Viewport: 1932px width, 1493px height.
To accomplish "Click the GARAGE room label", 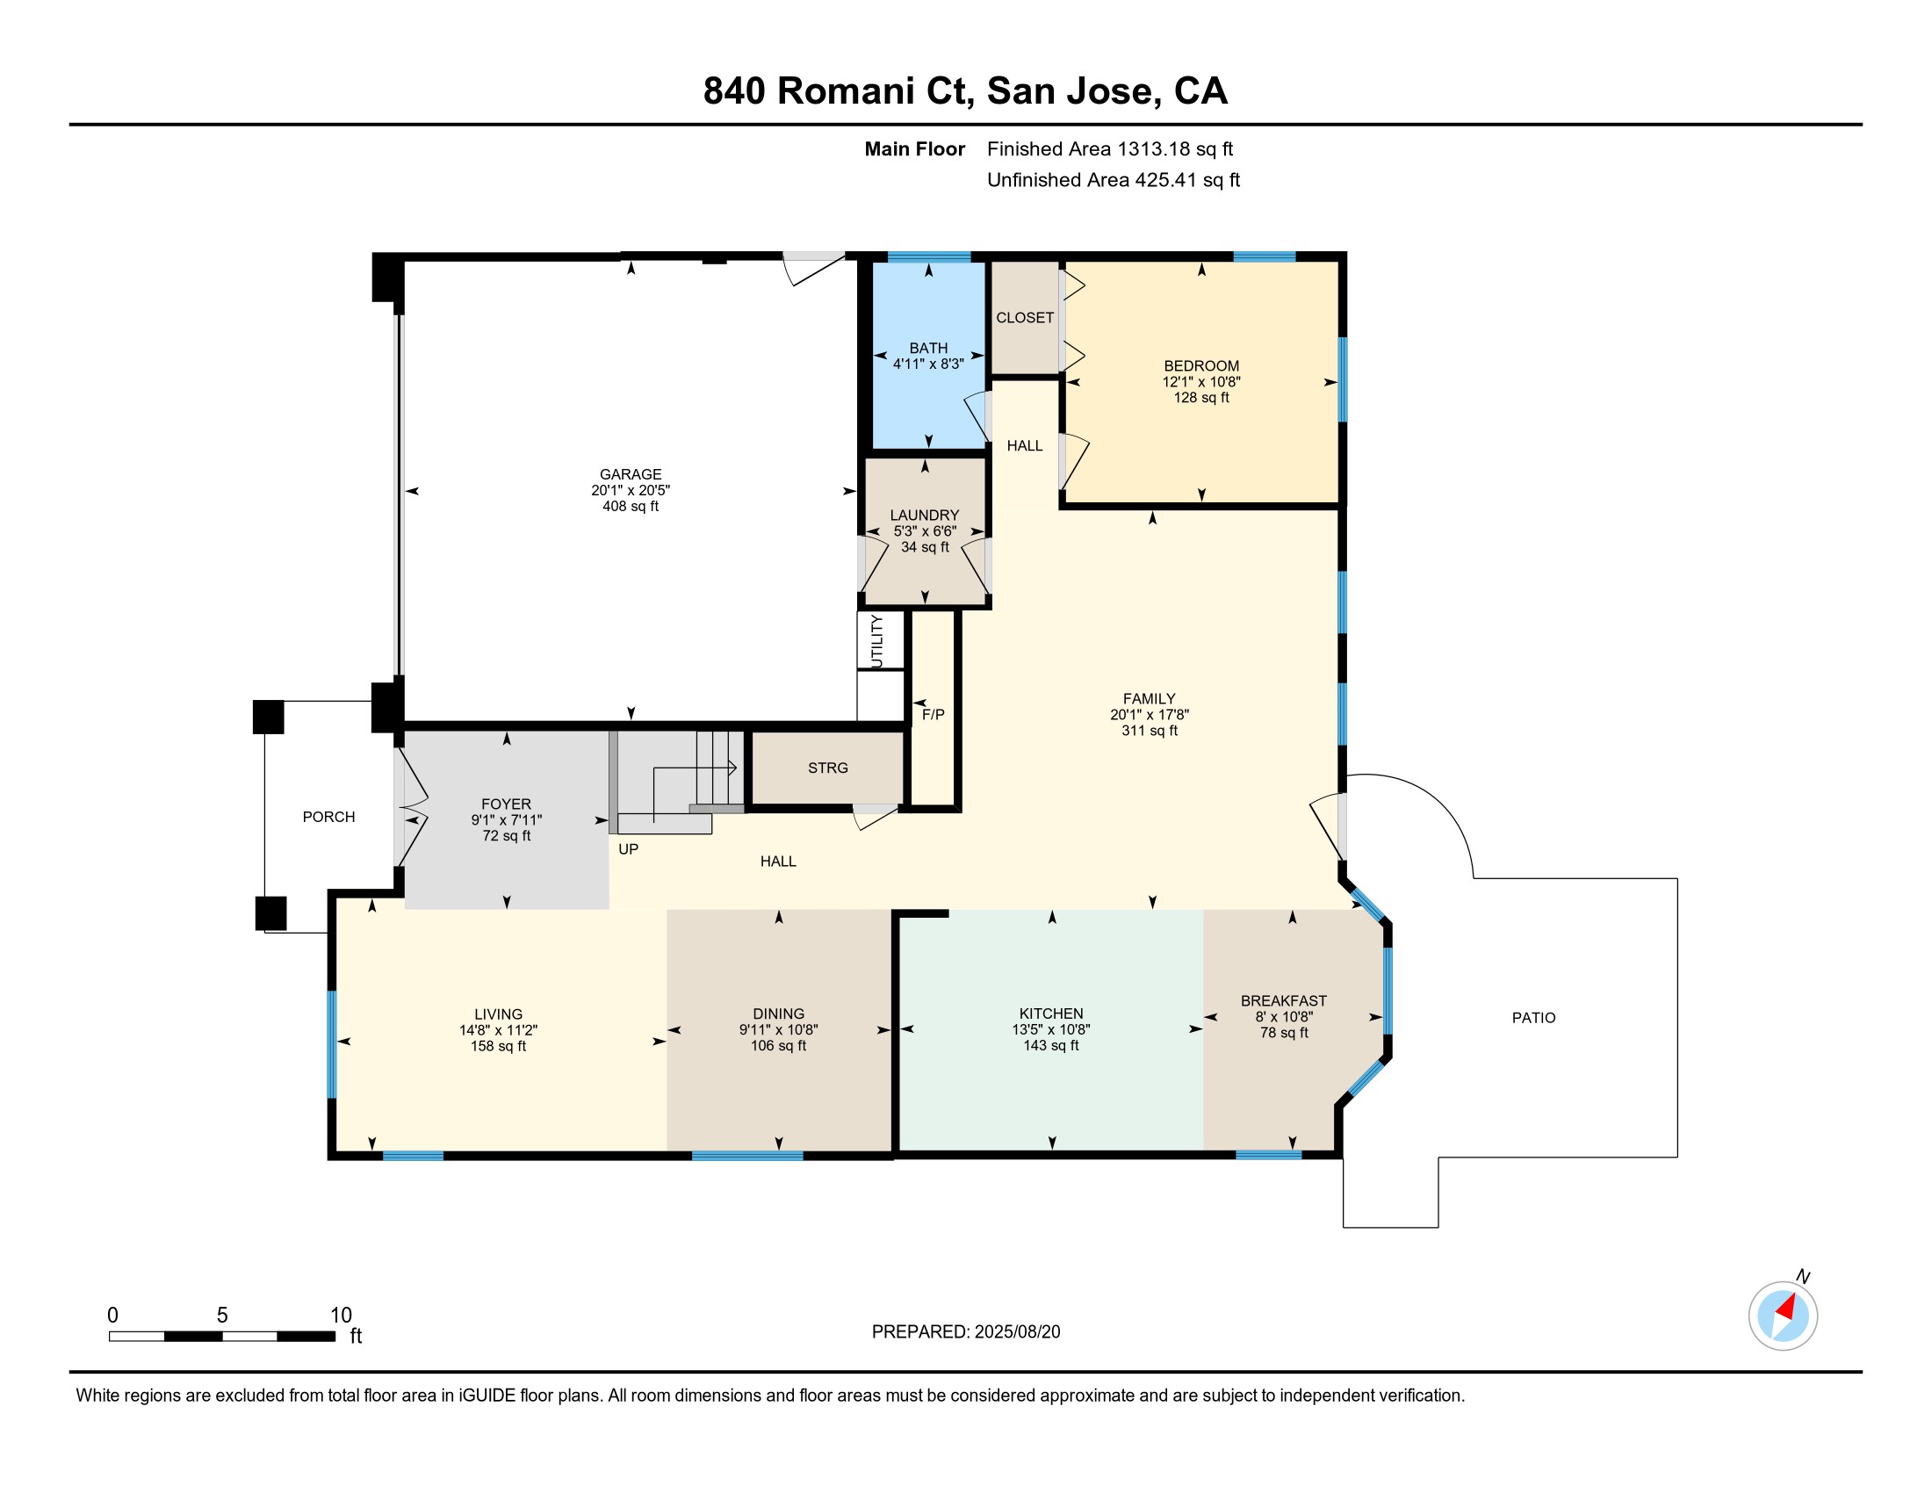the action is point(630,474).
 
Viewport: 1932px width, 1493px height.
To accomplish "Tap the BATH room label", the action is point(928,349).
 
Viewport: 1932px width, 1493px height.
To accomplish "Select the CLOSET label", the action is point(1024,318).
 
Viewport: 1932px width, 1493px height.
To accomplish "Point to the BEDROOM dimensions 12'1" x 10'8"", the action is point(1200,382).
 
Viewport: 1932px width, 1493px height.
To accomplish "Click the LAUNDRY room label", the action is point(925,515).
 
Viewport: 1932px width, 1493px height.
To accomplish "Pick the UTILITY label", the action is point(876,641).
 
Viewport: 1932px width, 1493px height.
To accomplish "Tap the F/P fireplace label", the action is point(934,715).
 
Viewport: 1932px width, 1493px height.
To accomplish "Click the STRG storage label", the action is point(827,768).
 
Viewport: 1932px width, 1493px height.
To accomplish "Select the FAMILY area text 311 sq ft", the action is point(1150,731).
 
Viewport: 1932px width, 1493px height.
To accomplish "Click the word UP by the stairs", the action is point(628,849).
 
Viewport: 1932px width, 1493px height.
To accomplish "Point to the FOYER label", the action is point(506,804).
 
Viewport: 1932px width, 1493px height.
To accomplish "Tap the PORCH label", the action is point(328,818).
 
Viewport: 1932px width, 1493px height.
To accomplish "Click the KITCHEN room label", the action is point(1051,1013).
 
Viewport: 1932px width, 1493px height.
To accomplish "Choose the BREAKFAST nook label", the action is point(1284,1001).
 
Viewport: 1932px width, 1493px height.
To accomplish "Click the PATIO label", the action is point(1533,1018).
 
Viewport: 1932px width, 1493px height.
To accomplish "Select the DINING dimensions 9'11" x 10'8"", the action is point(778,1029).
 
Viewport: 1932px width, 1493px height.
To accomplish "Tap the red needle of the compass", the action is point(1786,1308).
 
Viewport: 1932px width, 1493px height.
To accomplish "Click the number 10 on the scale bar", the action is point(341,1316).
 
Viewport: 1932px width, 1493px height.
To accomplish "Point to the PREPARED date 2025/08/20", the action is point(1016,1332).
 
